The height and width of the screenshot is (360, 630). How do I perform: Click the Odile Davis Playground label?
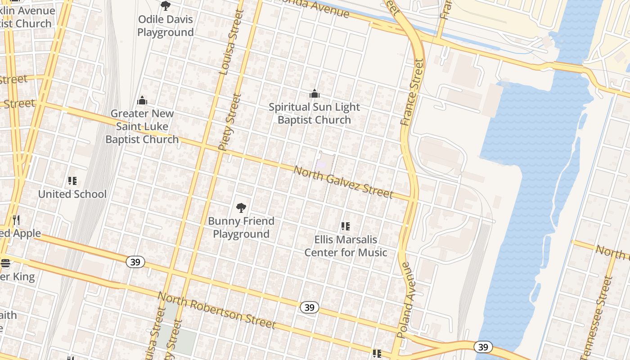click(x=166, y=26)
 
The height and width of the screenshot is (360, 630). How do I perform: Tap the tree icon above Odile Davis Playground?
click(x=166, y=6)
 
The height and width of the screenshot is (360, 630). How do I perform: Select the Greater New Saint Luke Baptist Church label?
click(x=142, y=126)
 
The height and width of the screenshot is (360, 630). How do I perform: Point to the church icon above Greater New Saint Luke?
click(x=142, y=100)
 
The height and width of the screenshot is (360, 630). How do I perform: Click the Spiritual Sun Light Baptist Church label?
click(x=314, y=113)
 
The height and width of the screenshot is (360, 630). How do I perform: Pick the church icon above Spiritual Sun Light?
click(x=314, y=94)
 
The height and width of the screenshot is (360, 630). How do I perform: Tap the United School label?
click(x=72, y=194)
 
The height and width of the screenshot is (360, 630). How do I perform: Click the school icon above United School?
click(x=72, y=181)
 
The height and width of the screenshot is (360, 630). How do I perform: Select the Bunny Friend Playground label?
click(x=241, y=227)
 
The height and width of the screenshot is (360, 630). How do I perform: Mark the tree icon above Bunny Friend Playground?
click(x=241, y=207)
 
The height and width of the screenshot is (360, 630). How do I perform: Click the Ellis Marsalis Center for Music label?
click(x=346, y=246)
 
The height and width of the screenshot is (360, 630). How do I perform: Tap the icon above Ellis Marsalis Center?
click(x=346, y=226)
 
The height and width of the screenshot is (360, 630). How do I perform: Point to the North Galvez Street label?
click(x=343, y=182)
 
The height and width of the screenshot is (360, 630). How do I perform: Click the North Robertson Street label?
click(x=216, y=310)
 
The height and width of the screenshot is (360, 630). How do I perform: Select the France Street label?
click(x=411, y=92)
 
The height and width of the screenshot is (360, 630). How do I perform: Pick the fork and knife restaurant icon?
click(x=16, y=220)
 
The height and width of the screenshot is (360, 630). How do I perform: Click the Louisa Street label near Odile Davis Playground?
click(x=231, y=42)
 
